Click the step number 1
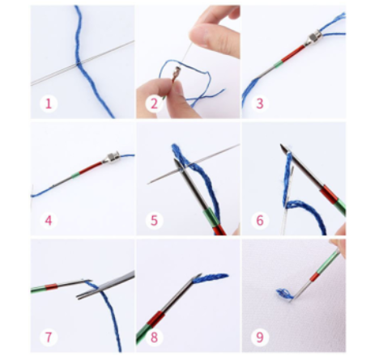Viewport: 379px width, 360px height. [49, 104]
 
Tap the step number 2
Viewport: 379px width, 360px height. [154, 104]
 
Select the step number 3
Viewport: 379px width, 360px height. [259, 104]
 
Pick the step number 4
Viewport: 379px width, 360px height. [49, 220]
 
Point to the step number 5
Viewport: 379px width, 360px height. [154, 220]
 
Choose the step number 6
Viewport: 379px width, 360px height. [259, 220]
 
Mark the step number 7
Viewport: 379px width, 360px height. [49, 337]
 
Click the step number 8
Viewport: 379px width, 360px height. [154, 337]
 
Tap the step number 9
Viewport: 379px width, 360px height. [259, 337]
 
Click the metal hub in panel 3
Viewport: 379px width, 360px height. [313, 39]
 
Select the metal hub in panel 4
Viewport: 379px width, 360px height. [111, 158]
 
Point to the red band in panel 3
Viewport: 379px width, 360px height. [293, 53]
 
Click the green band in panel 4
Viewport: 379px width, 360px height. [76, 176]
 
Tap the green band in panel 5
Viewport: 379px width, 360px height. [211, 218]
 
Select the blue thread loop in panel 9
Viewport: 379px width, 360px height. [284, 294]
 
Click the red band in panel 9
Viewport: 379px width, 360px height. [314, 277]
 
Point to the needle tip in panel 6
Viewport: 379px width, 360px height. [282, 146]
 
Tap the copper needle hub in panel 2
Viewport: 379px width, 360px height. [177, 72]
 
